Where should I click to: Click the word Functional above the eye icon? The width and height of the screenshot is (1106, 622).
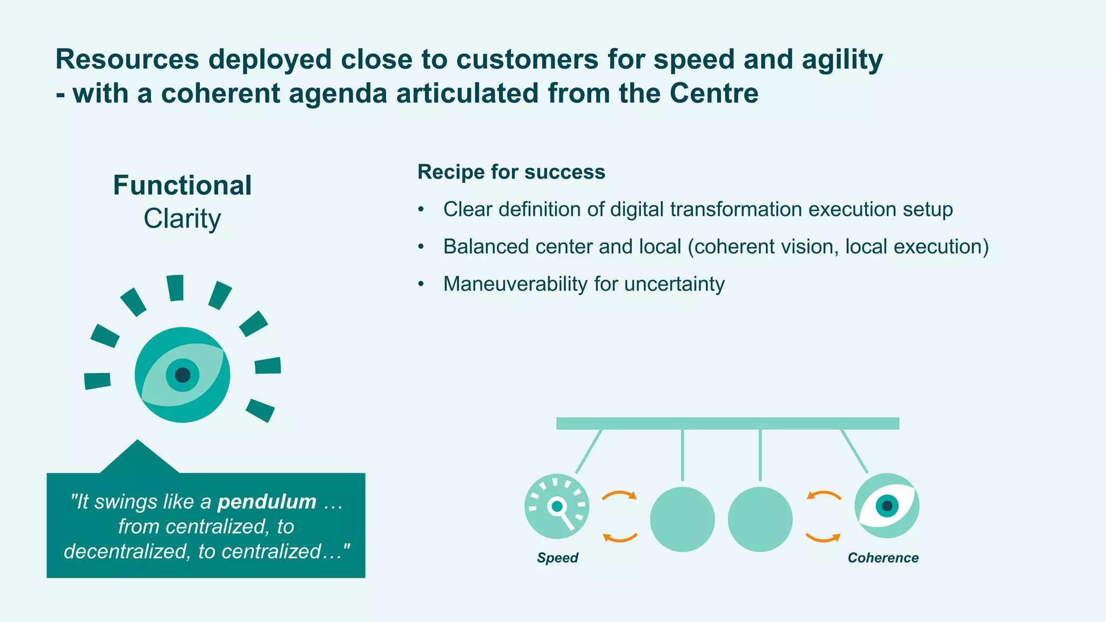182,186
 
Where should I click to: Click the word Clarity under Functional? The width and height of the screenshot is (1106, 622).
182,219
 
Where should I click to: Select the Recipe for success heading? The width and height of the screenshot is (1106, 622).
511,172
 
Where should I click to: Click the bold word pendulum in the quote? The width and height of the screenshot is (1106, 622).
267,502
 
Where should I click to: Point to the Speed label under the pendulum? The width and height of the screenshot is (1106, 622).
557,558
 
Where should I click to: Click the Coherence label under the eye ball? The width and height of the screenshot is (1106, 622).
883,558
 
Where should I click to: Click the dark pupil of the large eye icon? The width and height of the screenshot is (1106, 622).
183,375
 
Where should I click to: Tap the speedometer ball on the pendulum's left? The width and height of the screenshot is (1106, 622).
557,506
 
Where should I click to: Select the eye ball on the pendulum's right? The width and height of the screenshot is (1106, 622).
886,506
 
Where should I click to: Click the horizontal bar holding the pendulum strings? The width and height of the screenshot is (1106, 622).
727,423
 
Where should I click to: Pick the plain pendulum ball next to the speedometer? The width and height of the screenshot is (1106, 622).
682,519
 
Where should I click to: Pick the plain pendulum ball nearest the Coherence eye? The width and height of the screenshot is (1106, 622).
760,519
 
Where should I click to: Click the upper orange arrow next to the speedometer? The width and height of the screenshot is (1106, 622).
620,495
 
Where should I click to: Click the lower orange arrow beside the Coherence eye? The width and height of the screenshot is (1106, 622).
823,538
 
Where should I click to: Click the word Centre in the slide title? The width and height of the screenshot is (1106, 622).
714,93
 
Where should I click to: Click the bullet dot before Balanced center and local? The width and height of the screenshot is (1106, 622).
421,247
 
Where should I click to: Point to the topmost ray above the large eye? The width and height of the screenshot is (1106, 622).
175,287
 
